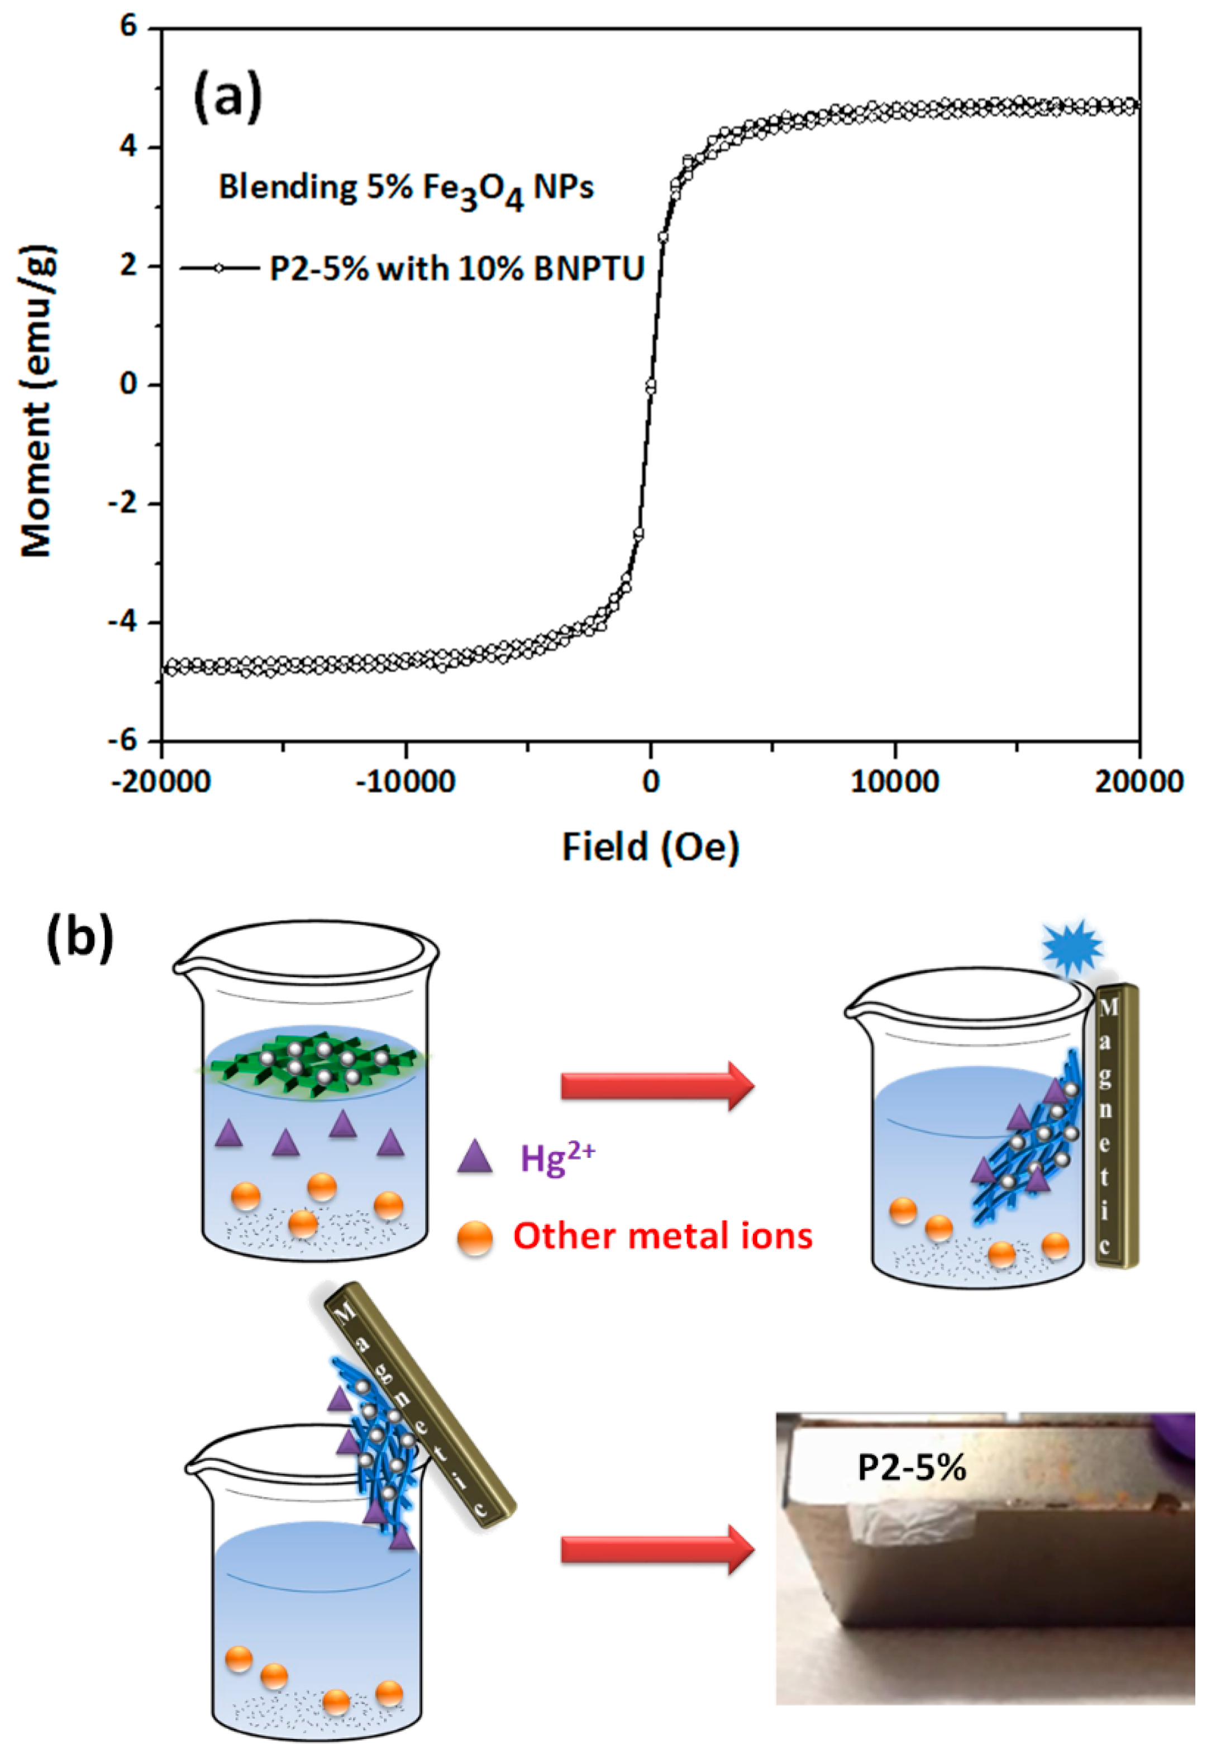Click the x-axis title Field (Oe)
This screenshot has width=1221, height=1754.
(651, 847)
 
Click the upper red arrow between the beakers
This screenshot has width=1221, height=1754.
(657, 1085)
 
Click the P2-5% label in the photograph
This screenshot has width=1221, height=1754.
(911, 1467)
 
